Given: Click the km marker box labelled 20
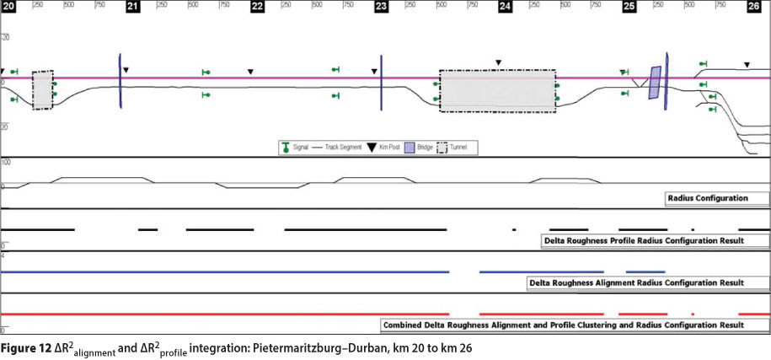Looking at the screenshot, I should pos(8,6).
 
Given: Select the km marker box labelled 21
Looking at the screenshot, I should pos(132,6).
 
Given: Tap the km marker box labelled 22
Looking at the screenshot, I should pos(257,6).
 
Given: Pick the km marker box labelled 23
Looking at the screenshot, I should pos(381,6).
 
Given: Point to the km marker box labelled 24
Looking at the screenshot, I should pos(505,6).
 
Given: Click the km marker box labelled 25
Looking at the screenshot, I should pos(629,6).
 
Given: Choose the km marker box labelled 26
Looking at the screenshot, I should pos(753,6).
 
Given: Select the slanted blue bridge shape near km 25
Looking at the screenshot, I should pos(654,83).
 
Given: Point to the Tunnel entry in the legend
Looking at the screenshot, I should pos(454,148).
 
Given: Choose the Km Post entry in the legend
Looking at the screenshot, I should pos(377,148).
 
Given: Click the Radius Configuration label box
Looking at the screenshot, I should pos(715,199).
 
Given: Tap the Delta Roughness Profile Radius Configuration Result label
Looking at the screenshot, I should pos(654,240).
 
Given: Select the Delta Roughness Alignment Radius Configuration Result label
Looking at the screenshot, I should pos(646,282).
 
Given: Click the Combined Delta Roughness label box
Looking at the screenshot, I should pos(574,325).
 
